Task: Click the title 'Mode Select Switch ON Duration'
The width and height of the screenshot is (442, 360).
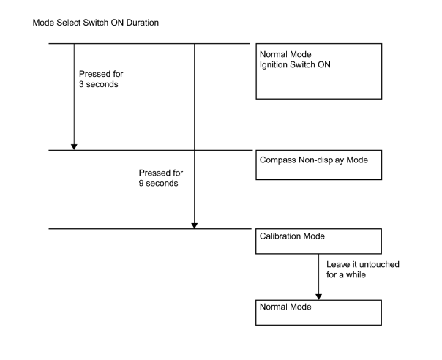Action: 96,23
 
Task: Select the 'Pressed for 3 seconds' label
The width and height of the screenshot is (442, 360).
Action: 101,79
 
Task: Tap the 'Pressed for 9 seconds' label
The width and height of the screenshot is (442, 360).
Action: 161,178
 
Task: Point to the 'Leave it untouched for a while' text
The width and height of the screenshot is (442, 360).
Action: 363,269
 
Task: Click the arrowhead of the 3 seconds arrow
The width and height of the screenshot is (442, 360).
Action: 74,147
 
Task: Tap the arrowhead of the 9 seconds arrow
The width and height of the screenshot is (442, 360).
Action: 194,225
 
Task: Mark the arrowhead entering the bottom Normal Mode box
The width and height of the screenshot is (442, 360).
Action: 319,297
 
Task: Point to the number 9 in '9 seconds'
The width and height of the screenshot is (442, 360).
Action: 141,183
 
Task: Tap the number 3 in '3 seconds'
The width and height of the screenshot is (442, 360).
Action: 81,84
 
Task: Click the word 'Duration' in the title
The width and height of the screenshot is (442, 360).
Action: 143,23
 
